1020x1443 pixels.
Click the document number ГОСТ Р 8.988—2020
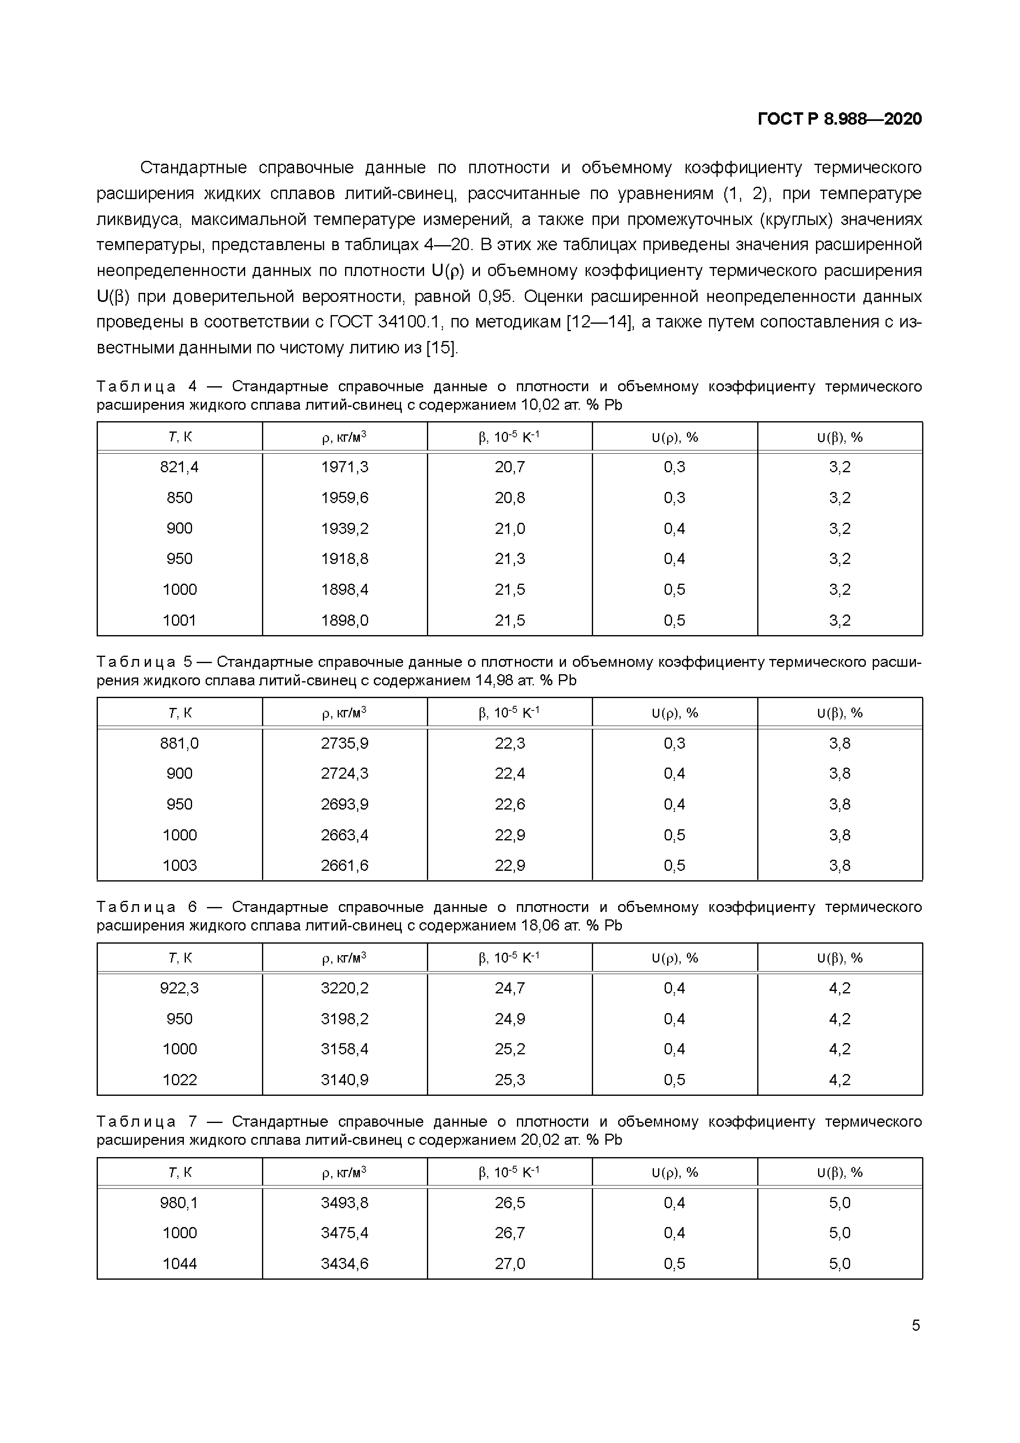tap(839, 119)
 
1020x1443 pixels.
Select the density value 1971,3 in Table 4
tap(344, 467)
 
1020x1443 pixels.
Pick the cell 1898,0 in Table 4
tap(344, 620)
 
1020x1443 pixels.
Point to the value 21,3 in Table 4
tap(510, 559)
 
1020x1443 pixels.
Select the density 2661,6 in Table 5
tap(344, 865)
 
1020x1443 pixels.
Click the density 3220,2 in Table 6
tap(344, 988)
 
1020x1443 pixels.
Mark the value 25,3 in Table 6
tap(510, 1080)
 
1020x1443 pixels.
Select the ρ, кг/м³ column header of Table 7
tap(344, 1172)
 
